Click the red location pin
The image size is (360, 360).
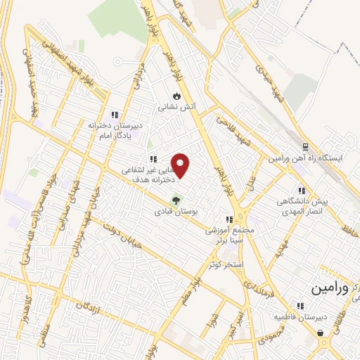pyautogui.click(x=181, y=165)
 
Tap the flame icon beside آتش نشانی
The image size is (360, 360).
pyautogui.click(x=176, y=96)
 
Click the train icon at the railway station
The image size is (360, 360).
pyautogui.click(x=304, y=147)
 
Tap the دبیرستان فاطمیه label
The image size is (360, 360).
pyautogui.click(x=302, y=318)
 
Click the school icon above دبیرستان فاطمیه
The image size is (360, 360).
pyautogui.click(x=301, y=306)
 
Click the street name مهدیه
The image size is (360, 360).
pyautogui.click(x=281, y=246)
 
